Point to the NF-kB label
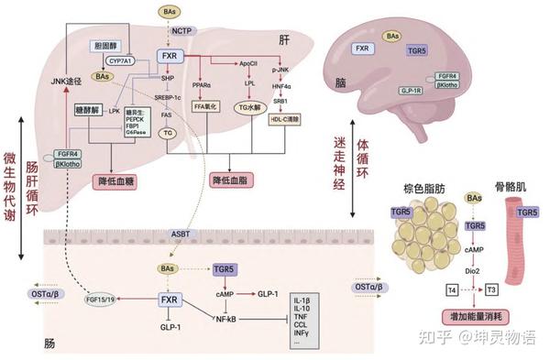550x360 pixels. coord(225,319)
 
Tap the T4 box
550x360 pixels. coord(451,290)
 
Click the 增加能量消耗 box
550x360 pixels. coord(474,318)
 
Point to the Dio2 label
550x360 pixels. coord(474,271)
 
